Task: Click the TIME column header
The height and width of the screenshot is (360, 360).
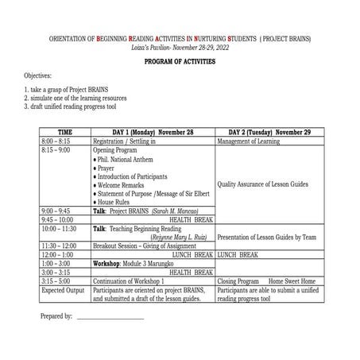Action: click(x=64, y=132)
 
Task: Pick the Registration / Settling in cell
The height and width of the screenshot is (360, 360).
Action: click(x=130, y=141)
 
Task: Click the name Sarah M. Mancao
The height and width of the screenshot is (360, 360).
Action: click(x=176, y=211)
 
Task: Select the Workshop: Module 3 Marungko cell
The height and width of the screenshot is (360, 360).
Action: click(x=133, y=263)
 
